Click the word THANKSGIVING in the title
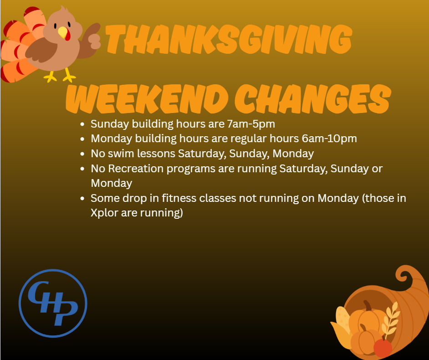tap(229, 40)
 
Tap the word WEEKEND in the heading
tap(147, 99)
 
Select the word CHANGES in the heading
tap(313, 99)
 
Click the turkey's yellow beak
tap(63, 32)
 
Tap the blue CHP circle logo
tap(53, 303)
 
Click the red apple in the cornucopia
tap(383, 347)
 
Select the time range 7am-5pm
tap(251, 124)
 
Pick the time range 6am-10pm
tap(329, 139)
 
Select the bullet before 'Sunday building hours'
tap(82, 124)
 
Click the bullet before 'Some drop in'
tap(82, 199)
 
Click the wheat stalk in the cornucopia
tap(391, 319)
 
